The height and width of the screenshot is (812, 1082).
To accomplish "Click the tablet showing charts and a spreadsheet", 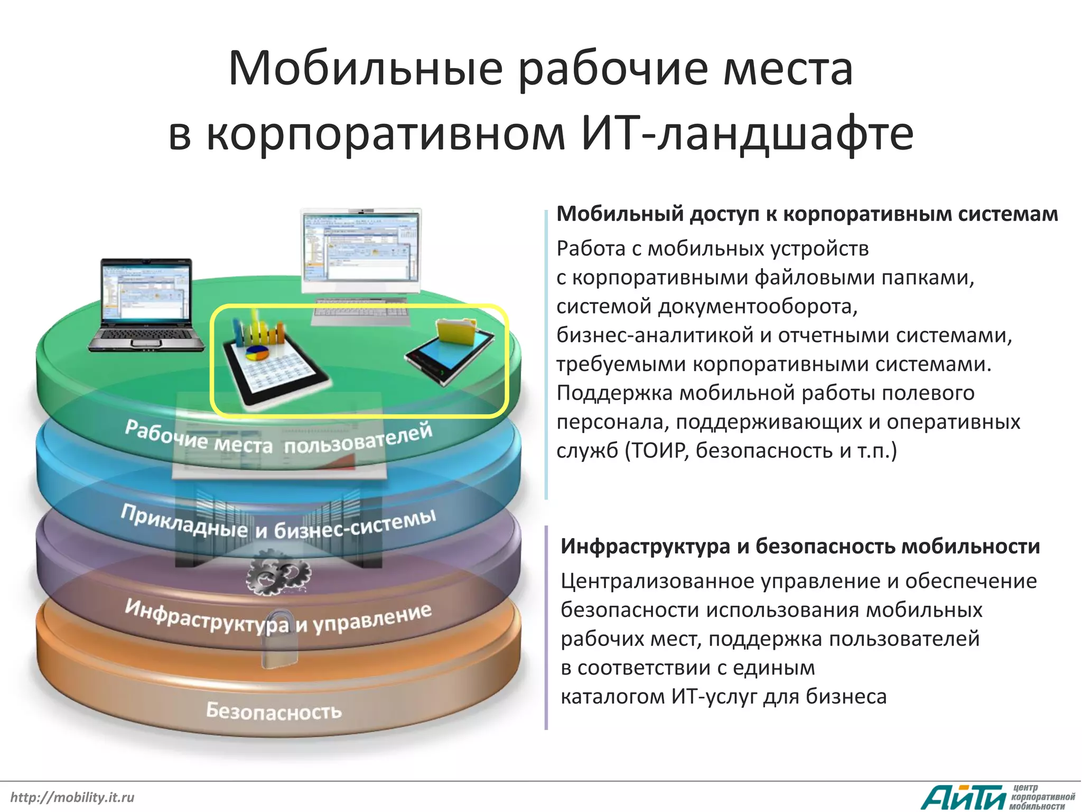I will pos(275,365).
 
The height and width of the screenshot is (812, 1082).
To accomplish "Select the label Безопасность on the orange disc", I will pos(274,711).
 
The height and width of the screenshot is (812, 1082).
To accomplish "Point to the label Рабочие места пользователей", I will pos(278,439).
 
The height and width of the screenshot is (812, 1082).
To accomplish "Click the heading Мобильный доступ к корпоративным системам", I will pos(807,214).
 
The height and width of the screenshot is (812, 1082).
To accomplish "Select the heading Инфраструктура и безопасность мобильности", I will pos(800,546).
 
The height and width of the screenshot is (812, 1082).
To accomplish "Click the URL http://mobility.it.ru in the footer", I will pos(72,797).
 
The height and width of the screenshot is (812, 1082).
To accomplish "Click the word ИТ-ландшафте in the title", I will pos(747,133).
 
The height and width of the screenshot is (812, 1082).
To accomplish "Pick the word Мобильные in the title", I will pos(365,69).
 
